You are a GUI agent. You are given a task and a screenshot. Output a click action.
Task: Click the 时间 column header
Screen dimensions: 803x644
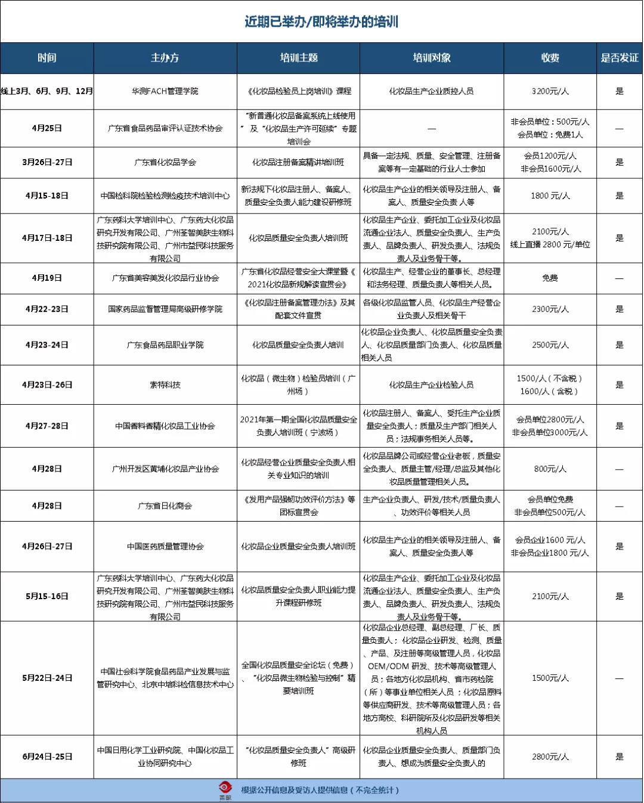(x=47, y=58)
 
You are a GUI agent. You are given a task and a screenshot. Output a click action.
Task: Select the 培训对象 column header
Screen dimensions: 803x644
(x=432, y=58)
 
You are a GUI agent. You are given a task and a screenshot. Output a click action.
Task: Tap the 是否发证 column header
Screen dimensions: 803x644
(x=619, y=58)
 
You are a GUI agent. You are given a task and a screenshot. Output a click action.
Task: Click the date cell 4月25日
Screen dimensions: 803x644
(x=47, y=128)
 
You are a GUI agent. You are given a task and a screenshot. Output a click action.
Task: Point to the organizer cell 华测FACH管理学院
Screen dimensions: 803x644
(x=165, y=91)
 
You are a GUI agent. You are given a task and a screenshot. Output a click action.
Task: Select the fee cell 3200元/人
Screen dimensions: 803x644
(x=550, y=91)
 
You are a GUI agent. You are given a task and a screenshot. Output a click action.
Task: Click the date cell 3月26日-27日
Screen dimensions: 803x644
(x=47, y=162)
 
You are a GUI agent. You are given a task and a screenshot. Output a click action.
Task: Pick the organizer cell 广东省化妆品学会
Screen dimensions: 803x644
(x=165, y=162)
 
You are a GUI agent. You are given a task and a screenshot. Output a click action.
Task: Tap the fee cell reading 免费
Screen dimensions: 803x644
(x=550, y=278)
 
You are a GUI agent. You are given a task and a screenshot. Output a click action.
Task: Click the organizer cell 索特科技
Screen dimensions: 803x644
(x=165, y=385)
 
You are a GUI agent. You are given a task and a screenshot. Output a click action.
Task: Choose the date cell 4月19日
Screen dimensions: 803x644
(x=47, y=278)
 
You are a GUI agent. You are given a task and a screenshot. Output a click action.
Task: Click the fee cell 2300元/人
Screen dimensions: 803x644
(x=550, y=309)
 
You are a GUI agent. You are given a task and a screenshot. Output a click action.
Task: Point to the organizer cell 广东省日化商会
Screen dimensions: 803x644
(x=165, y=506)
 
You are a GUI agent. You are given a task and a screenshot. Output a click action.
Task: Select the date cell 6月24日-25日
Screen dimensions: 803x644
(x=47, y=757)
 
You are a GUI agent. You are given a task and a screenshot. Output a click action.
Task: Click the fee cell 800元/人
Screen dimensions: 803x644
(x=550, y=469)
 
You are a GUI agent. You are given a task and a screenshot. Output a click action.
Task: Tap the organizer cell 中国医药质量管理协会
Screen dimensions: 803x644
(x=165, y=546)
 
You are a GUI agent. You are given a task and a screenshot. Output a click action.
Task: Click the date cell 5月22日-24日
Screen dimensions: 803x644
(x=47, y=678)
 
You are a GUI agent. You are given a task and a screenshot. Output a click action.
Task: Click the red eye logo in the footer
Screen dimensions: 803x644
(x=225, y=789)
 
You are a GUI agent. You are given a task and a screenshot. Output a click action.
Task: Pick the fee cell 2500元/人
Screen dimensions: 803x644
(x=550, y=345)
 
